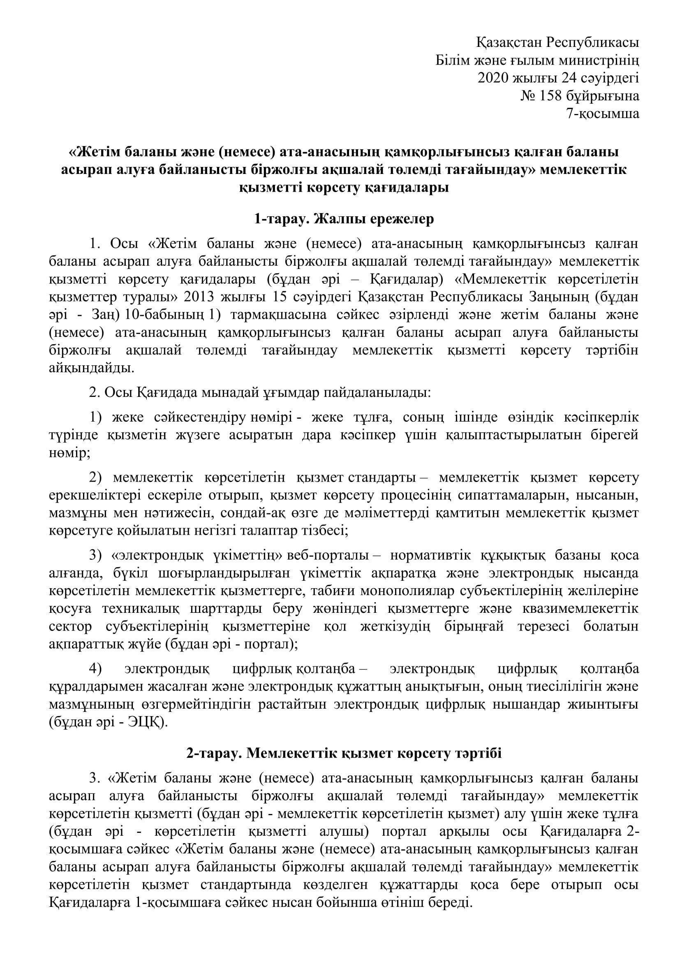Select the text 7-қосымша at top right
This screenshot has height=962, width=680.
click(603, 114)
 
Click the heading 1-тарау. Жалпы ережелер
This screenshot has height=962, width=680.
click(344, 219)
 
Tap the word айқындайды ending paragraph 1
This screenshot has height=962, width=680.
click(92, 368)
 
